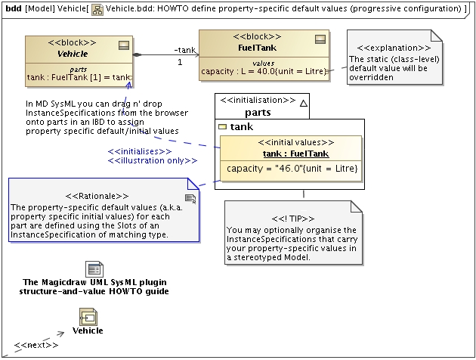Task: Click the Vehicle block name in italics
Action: pos(73,54)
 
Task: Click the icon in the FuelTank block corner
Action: pos(319,39)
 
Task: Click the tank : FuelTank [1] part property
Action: pos(79,77)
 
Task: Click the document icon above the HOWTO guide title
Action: pos(94,269)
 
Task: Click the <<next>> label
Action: pos(36,345)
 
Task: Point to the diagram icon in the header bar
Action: pos(97,8)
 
